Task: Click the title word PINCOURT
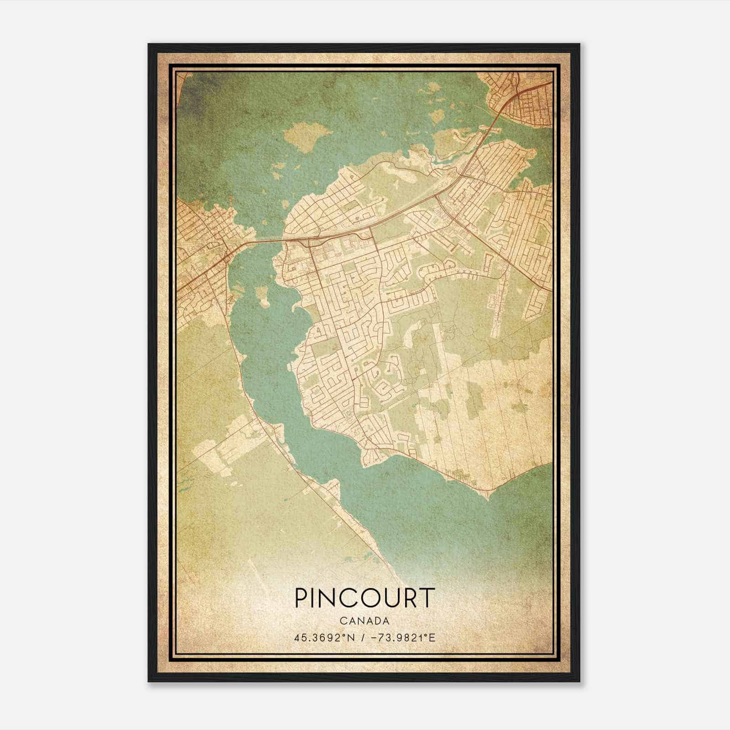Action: click(364, 597)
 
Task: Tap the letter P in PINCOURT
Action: click(302, 597)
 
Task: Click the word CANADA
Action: click(364, 621)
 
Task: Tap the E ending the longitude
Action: click(433, 637)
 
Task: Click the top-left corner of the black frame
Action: click(149, 44)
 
